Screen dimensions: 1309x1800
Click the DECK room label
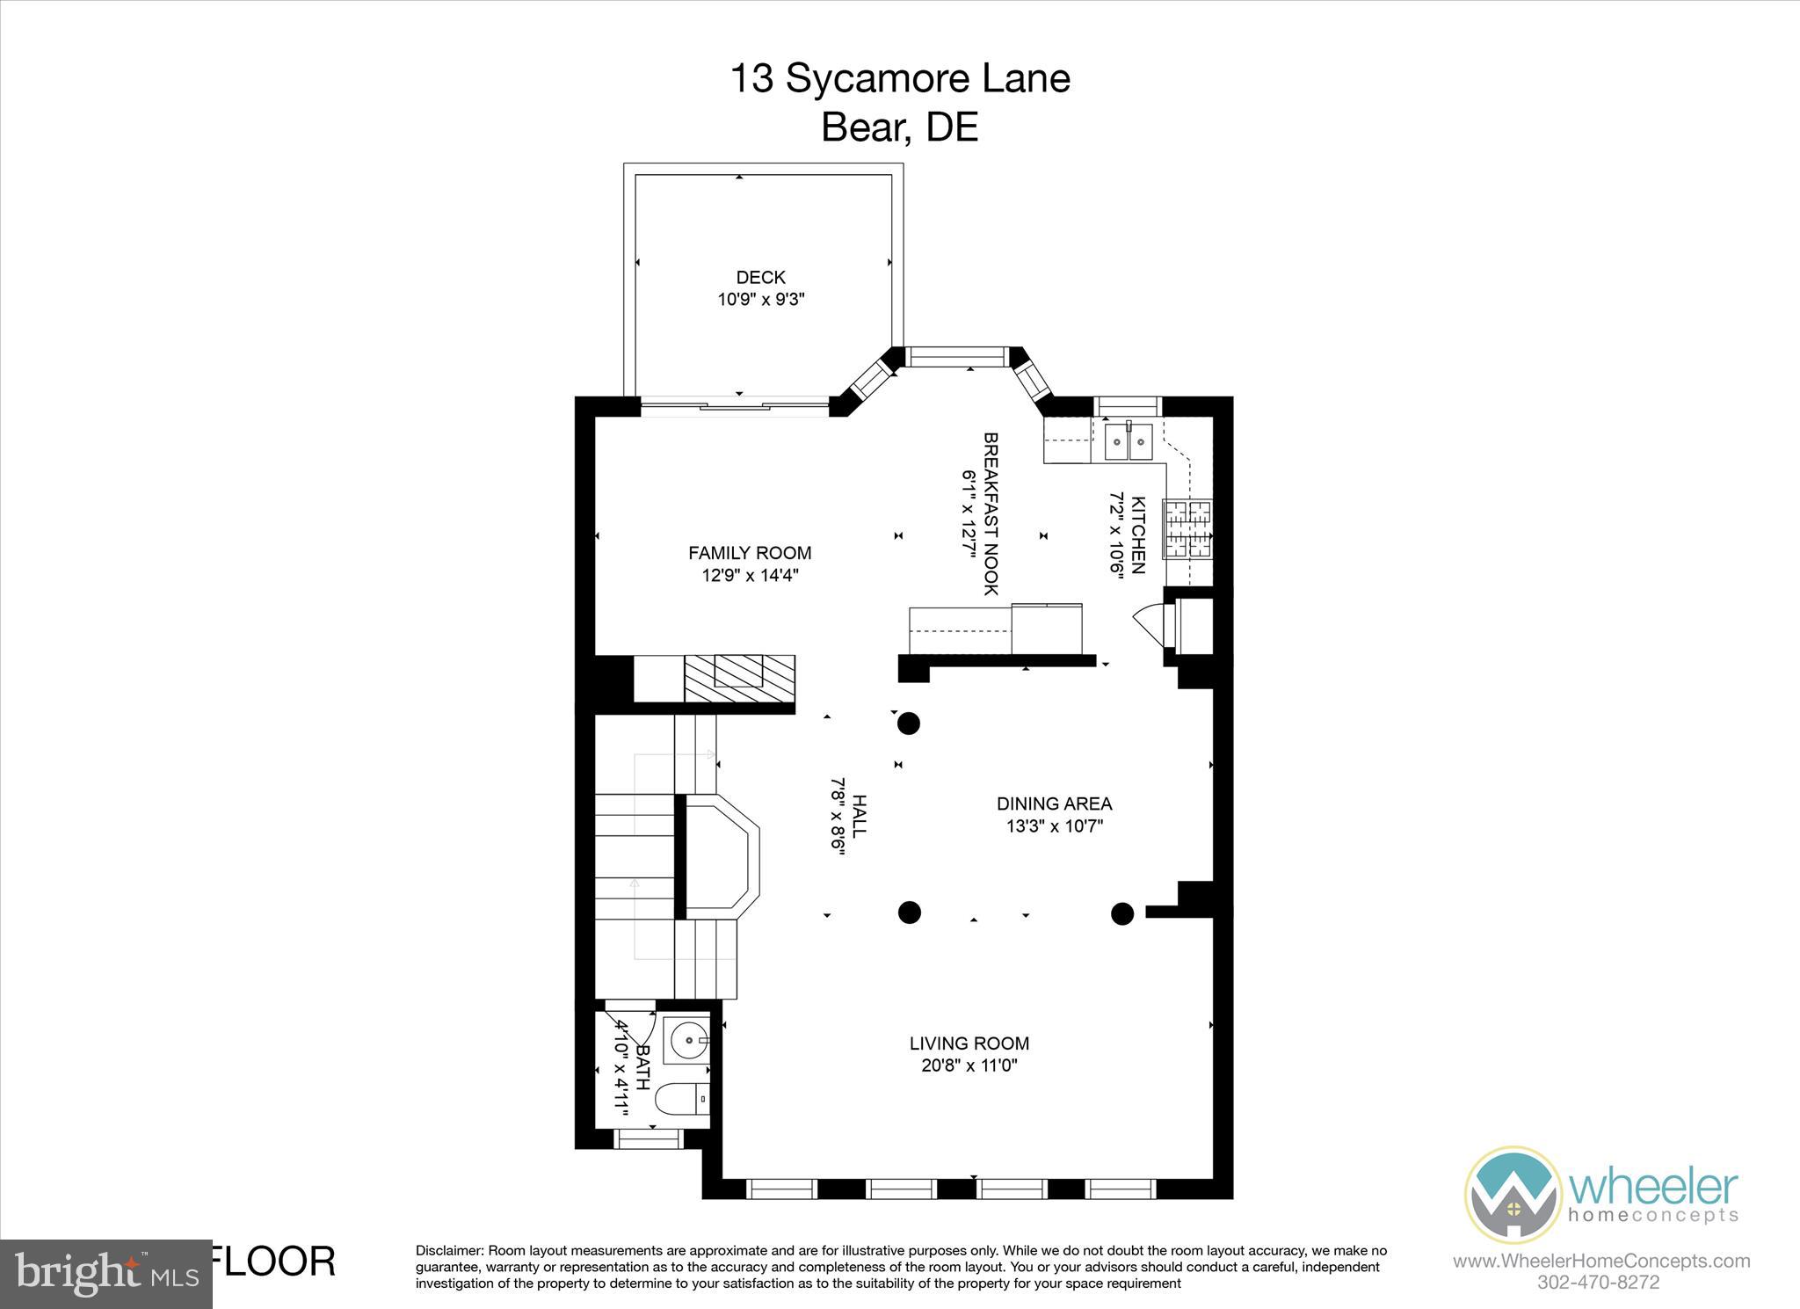(760, 277)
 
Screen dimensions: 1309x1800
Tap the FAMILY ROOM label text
(749, 553)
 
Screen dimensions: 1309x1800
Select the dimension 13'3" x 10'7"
(1054, 826)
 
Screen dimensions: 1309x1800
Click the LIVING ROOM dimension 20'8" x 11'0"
(969, 1065)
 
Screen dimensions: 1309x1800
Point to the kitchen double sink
(1128, 440)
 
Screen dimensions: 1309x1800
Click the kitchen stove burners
(1187, 529)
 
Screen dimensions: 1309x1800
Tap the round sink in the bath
(686, 1041)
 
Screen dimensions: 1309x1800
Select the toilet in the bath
(683, 1099)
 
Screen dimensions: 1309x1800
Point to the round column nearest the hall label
(908, 724)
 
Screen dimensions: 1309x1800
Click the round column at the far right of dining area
(1122, 913)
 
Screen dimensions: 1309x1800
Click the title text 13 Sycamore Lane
(900, 78)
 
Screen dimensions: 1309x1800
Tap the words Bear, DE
(899, 128)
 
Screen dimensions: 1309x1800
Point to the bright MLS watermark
(105, 1273)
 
